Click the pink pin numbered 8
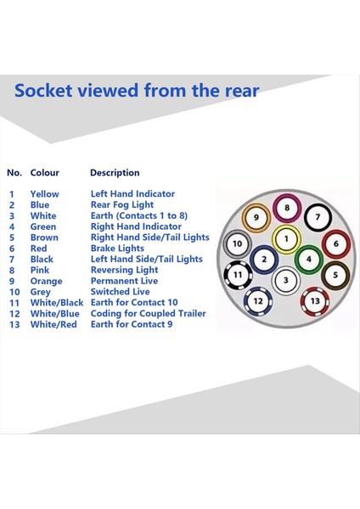(x=287, y=208)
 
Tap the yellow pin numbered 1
(x=286, y=239)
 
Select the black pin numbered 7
(x=318, y=217)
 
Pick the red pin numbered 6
(x=336, y=243)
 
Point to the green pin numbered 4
(x=309, y=260)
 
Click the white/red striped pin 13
(x=315, y=301)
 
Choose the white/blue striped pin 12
(x=258, y=301)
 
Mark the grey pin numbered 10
(x=238, y=243)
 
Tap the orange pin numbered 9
(x=256, y=217)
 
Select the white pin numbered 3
(x=285, y=280)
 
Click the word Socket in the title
(x=43, y=90)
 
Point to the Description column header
(x=115, y=173)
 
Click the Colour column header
(x=45, y=173)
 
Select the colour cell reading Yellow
(x=45, y=194)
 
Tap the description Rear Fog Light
(x=122, y=205)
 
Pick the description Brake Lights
(x=117, y=249)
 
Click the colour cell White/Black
(x=57, y=303)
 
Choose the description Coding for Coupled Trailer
(x=148, y=314)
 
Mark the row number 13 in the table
(x=14, y=325)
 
